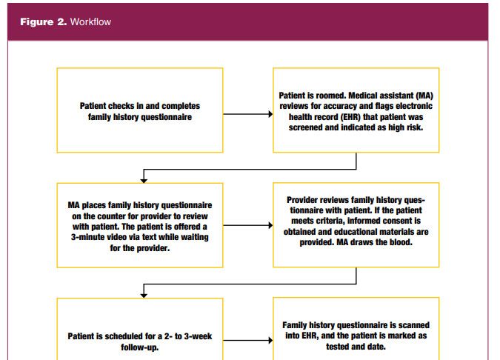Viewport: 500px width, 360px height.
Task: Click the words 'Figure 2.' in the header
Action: (44, 21)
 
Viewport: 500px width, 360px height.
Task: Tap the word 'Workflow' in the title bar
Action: (90, 21)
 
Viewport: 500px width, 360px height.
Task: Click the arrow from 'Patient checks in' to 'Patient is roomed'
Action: (248, 114)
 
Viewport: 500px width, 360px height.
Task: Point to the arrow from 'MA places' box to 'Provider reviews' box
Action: (248, 225)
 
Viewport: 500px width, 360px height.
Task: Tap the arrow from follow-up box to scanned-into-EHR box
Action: (248, 341)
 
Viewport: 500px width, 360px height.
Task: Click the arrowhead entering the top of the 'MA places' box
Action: (144, 181)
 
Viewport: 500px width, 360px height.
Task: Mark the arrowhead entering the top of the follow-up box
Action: (144, 296)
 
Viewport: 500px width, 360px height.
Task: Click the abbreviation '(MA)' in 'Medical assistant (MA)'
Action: (424, 96)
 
